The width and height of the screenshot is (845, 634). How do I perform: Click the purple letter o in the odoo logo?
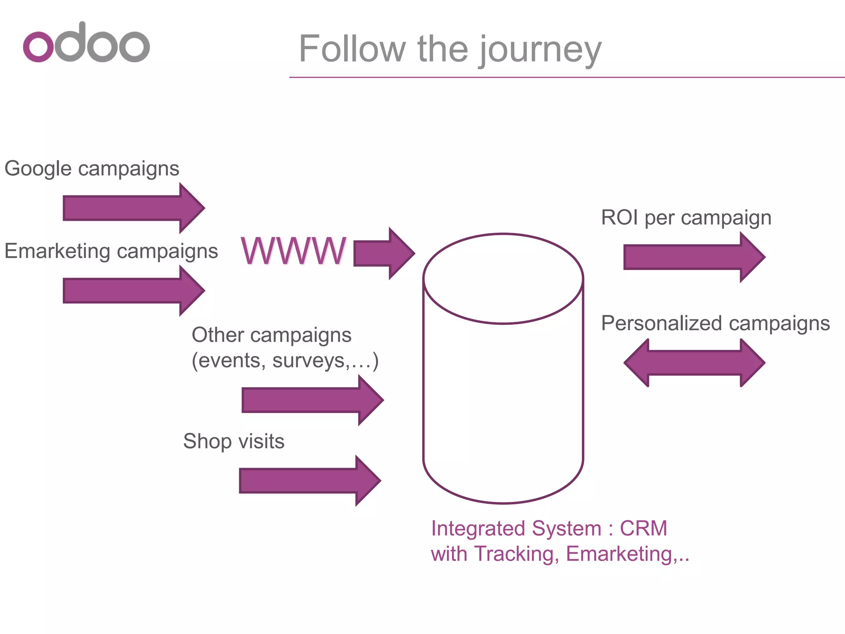click(x=38, y=47)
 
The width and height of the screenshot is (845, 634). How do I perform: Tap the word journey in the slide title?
click(x=540, y=50)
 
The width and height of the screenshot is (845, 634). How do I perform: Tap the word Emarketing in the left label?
click(x=57, y=251)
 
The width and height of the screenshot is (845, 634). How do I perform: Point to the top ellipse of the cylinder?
click(x=503, y=279)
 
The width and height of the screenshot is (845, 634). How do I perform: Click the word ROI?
click(x=619, y=218)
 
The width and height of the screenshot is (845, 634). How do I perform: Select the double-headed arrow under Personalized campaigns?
click(x=694, y=363)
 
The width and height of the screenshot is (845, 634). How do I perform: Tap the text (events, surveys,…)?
click(x=285, y=360)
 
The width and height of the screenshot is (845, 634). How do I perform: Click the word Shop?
click(x=207, y=441)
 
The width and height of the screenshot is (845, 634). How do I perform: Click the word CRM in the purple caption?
click(x=643, y=529)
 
